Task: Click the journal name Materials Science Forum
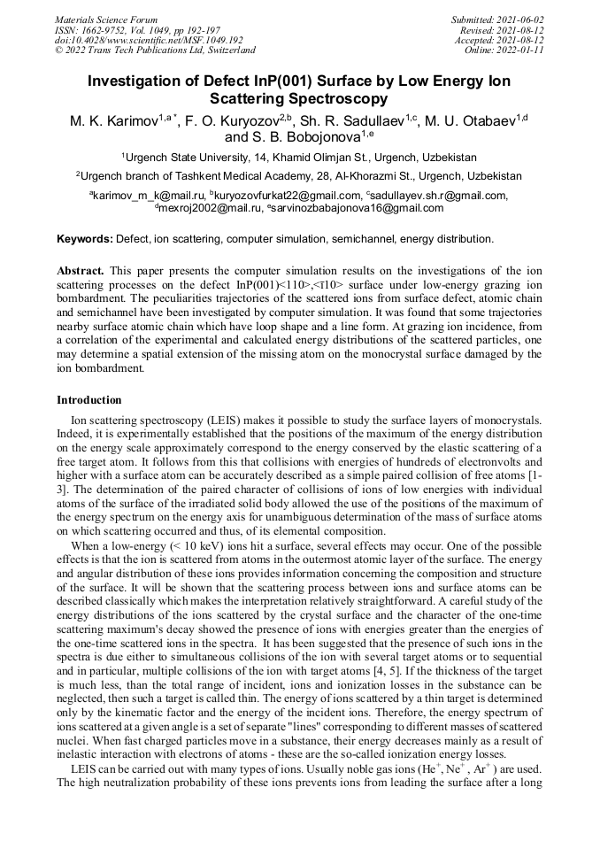106,19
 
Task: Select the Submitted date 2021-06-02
521,19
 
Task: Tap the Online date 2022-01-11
522,50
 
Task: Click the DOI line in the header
149,40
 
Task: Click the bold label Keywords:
84,239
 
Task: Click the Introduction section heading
89,400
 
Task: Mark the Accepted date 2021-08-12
521,40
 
